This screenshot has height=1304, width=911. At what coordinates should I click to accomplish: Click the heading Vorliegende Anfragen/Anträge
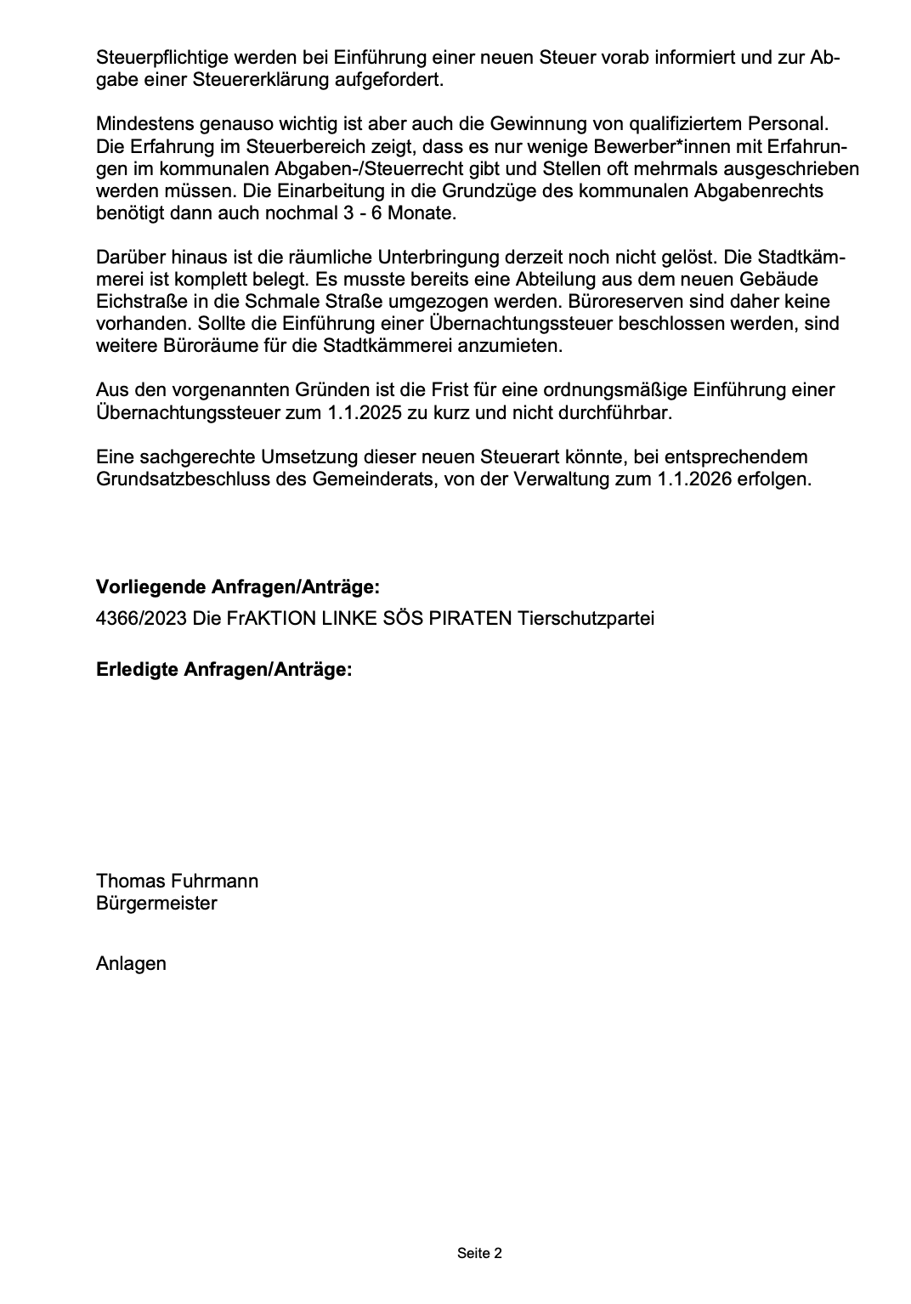point(238,587)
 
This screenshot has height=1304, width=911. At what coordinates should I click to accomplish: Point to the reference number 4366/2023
point(140,618)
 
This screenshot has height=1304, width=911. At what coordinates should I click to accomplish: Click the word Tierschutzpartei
point(586,618)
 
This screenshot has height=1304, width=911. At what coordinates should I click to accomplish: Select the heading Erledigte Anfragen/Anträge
point(224,669)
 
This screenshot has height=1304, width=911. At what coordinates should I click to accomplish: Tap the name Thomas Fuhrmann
point(177,881)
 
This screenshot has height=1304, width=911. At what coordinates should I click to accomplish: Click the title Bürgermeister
point(156,903)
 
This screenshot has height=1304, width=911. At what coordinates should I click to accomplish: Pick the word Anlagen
point(131,963)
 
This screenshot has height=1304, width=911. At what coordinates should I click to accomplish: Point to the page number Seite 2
point(479,1253)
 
